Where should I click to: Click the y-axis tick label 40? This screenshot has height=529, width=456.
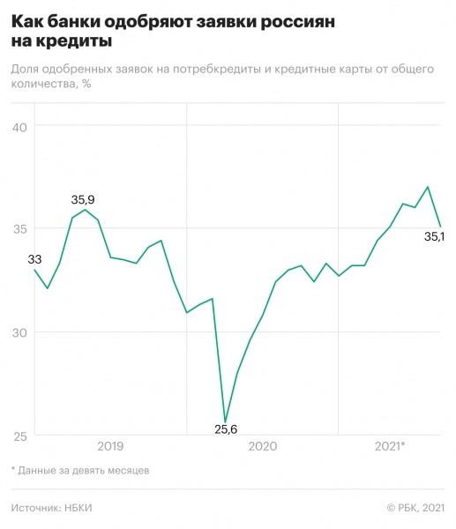click(20, 126)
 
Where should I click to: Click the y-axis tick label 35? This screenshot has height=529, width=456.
click(20, 229)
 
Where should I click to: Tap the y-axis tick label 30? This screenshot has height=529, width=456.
click(20, 332)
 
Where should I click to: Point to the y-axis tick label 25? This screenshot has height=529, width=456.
click(20, 436)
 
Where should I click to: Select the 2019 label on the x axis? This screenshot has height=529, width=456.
click(110, 446)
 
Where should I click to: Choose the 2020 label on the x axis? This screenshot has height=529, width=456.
click(262, 446)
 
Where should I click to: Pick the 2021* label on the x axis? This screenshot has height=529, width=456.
click(390, 446)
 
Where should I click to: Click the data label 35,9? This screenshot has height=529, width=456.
click(83, 199)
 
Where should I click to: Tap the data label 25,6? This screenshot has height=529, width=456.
click(227, 430)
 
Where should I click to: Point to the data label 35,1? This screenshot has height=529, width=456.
click(434, 236)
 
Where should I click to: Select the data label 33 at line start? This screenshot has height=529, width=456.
click(35, 259)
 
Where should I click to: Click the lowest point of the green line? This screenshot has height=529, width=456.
click(225, 422)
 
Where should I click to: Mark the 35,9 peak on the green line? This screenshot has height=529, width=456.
click(85, 209)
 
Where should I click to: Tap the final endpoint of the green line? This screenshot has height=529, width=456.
click(440, 227)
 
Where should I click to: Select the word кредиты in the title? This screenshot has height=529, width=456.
click(75, 41)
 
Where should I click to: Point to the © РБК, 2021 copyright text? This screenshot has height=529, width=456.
click(416, 508)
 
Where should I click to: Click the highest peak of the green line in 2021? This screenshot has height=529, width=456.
click(428, 187)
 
